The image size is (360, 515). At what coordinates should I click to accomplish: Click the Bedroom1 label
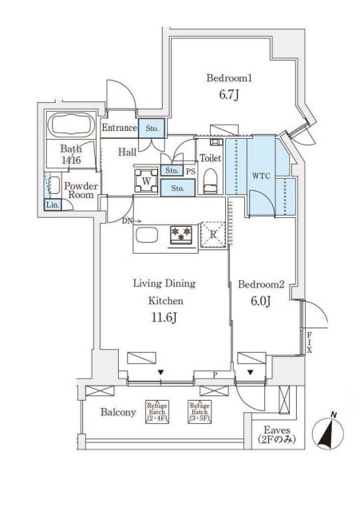point(229,79)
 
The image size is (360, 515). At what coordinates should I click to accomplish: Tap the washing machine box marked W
point(146,180)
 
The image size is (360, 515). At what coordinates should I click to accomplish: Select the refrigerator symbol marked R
point(212,233)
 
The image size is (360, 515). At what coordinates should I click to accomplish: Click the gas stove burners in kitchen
point(181,234)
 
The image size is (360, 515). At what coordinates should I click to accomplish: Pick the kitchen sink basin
point(148,236)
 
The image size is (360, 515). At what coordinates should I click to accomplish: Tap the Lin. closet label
point(52,205)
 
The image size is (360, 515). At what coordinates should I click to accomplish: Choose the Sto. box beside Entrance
point(152,128)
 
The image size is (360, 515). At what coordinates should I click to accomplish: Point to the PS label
point(190,170)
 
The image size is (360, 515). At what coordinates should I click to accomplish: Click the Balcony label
point(117,413)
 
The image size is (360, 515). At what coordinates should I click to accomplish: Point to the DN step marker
point(126,221)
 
